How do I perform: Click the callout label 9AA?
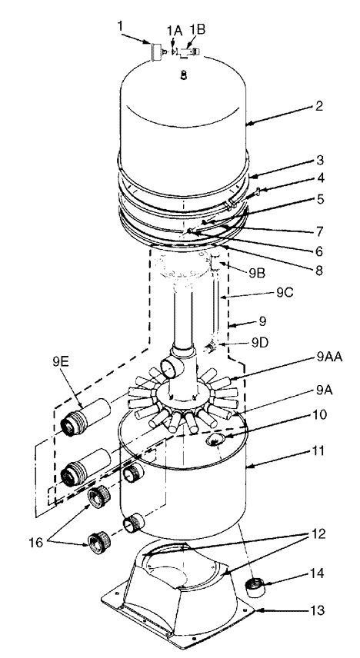point(329,358)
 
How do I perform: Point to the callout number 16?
point(36,543)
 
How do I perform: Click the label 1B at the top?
point(197,29)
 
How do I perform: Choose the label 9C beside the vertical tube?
point(285,293)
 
